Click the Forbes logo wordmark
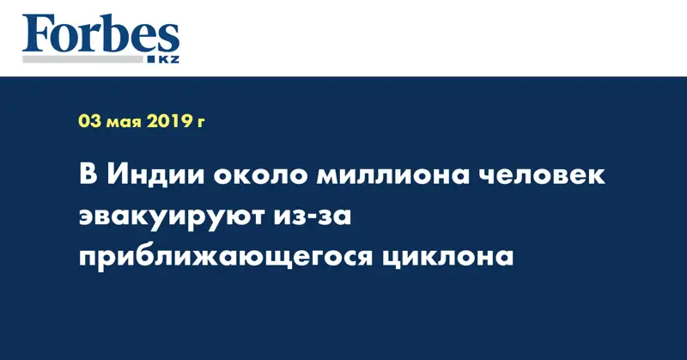click(100, 34)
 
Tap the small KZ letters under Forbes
click(168, 59)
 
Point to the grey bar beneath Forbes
click(82, 59)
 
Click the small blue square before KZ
click(151, 59)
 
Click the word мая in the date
click(124, 123)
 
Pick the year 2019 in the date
click(168, 121)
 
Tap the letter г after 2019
click(200, 123)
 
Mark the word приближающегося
click(225, 259)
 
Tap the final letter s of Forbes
click(168, 40)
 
